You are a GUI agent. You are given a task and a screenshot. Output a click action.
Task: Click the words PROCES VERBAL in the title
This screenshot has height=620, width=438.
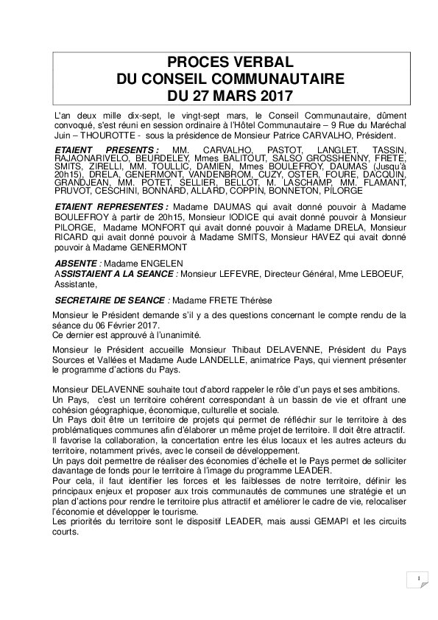230,62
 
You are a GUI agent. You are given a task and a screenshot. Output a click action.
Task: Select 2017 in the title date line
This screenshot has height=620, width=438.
273,95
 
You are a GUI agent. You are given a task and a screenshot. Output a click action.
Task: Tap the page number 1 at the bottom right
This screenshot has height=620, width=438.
417,580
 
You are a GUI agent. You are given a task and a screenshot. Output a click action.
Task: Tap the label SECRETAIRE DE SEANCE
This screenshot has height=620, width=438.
110,300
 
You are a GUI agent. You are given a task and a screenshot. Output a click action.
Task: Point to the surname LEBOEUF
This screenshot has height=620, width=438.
377,274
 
